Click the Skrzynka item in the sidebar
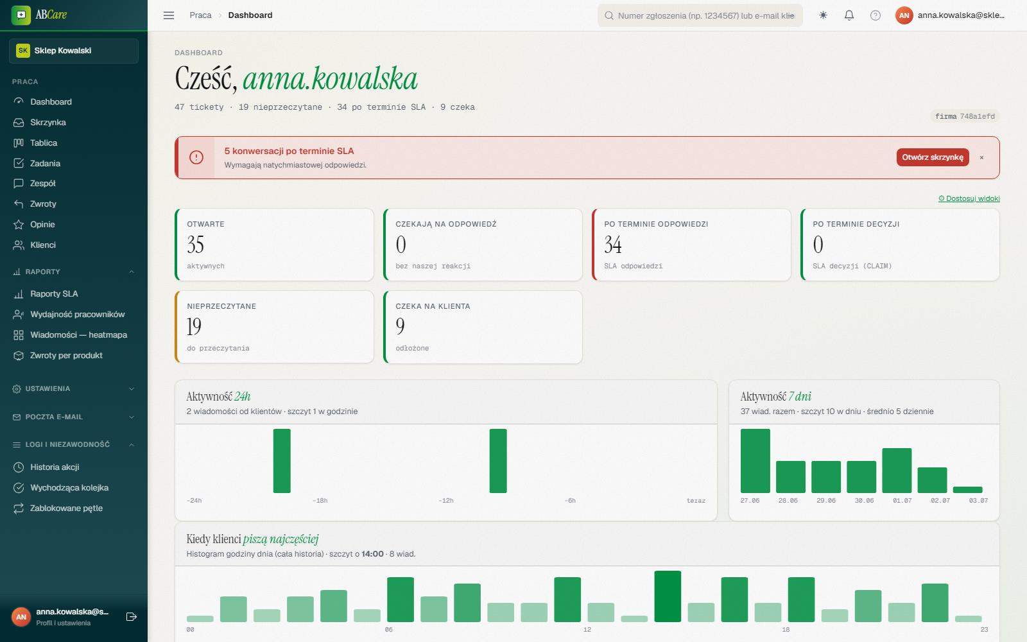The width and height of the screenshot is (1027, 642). pos(47,123)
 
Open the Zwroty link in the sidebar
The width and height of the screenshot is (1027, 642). pos(42,204)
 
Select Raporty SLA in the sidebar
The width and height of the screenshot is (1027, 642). pos(54,294)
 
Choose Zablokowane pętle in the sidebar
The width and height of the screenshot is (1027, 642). pos(66,508)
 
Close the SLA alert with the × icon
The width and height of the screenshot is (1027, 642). pos(981,157)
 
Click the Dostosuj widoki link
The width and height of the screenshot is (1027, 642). pos(969,198)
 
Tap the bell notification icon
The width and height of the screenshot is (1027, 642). pos(849,15)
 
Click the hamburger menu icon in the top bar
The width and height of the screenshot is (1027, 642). pos(169,15)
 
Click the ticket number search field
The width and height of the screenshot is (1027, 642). pos(700,15)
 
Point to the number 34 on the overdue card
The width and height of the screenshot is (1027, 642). pos(613,245)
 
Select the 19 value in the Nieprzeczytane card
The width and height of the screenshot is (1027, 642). pos(194,327)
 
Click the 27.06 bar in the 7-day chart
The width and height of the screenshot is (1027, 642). pos(755,461)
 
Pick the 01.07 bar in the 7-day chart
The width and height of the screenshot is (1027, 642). pos(897,471)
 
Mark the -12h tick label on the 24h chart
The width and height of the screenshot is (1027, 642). pos(445,501)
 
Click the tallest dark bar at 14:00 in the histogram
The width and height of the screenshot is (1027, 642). pos(668,596)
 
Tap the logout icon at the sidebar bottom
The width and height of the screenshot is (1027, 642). pos(131,617)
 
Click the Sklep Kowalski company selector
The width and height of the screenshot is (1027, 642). pos(74,51)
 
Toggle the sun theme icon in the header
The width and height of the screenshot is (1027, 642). pos(823,15)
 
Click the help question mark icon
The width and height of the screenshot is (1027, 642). pos(876,15)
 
